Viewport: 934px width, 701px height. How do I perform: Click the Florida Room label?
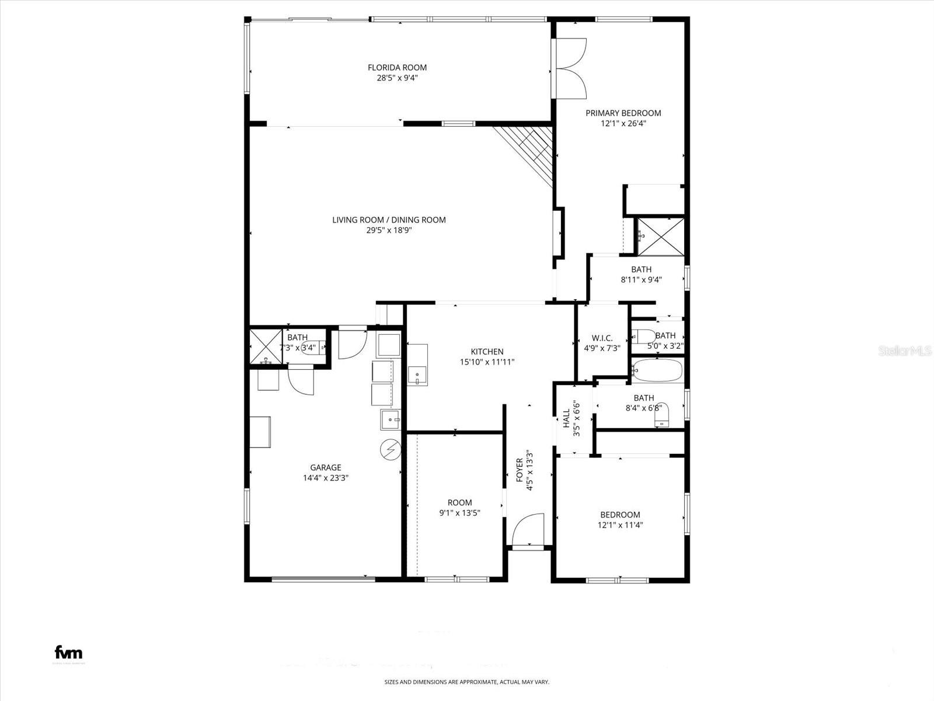[x=397, y=67]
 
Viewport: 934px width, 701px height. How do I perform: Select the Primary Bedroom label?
[x=623, y=113]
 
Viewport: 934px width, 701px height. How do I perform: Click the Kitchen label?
[x=487, y=352]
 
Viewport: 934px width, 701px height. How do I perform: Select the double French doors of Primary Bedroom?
[x=570, y=68]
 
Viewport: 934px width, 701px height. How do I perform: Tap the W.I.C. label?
[x=602, y=338]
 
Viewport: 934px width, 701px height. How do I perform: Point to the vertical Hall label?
[x=566, y=419]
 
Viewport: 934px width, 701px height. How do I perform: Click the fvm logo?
[x=68, y=653]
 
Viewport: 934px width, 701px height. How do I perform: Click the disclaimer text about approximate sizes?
[x=466, y=682]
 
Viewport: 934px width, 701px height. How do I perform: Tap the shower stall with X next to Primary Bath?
[x=660, y=237]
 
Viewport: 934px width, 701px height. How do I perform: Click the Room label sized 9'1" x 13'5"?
[x=459, y=502]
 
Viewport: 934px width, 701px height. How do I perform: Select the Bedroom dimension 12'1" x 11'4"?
[x=620, y=525]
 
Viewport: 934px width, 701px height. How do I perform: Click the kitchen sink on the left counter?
[x=417, y=375]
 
